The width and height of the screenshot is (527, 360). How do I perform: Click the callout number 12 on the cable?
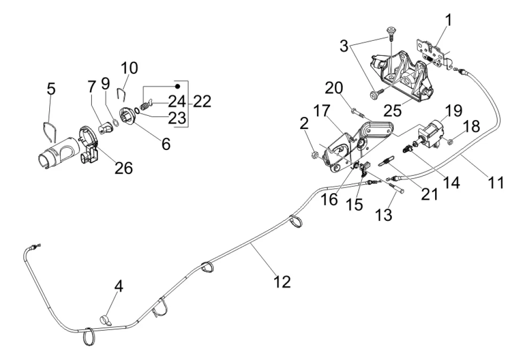282,281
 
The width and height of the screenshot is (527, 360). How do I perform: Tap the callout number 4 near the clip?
119,286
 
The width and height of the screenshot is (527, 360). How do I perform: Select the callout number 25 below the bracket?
392,110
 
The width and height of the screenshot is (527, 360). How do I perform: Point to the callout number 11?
496,182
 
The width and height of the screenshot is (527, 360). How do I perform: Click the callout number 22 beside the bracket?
202,101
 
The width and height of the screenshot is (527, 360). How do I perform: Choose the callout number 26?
124,168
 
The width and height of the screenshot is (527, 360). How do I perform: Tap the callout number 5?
51,89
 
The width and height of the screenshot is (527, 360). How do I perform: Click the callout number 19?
454,110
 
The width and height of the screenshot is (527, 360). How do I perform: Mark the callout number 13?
384,214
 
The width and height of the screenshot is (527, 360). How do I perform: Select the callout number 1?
448,20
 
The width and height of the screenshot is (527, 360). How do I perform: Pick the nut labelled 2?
315,155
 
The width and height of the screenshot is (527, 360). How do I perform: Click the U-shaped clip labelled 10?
121,95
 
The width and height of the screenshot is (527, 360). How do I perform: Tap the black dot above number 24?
178,86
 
